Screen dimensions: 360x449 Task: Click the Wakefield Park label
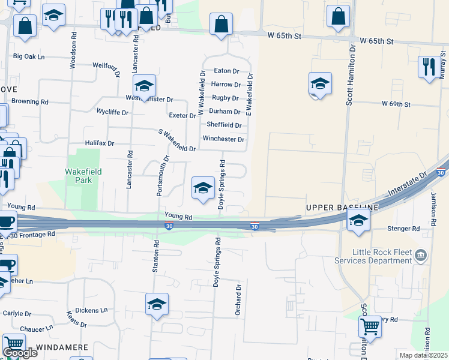point(83,176)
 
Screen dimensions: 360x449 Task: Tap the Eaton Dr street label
point(226,71)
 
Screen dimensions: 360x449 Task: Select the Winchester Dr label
point(223,139)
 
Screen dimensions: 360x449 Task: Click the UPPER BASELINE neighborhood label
point(342,208)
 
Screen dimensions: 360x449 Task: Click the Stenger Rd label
point(403,229)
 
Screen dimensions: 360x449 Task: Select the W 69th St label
point(396,104)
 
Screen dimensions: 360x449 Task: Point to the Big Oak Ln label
point(29,56)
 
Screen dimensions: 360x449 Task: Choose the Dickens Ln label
point(95,310)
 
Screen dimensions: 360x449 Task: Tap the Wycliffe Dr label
point(113,112)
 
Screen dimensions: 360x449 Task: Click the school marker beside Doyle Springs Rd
point(203,188)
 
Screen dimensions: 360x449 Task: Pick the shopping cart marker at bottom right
point(370,327)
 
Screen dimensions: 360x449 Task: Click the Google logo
point(20,353)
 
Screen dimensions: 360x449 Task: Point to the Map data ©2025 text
point(424,355)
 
